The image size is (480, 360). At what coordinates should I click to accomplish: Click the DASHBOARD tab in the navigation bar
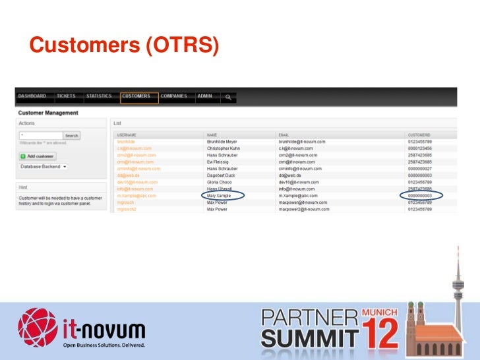click(x=32, y=96)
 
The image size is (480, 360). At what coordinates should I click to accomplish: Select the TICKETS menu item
click(x=66, y=96)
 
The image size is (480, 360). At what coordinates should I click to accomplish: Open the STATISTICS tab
click(x=99, y=96)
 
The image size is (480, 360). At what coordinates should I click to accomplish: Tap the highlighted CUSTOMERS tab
click(x=136, y=96)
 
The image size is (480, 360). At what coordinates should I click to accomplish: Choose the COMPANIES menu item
click(x=174, y=96)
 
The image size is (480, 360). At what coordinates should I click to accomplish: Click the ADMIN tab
click(x=204, y=96)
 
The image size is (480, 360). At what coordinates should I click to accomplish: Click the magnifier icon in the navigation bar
click(x=228, y=97)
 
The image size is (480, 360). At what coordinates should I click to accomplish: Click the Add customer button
click(x=38, y=156)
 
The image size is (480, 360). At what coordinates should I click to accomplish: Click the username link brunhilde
click(x=126, y=141)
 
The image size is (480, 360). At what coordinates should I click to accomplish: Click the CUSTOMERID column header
click(x=419, y=134)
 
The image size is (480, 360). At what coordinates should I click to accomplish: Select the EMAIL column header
click(x=284, y=134)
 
